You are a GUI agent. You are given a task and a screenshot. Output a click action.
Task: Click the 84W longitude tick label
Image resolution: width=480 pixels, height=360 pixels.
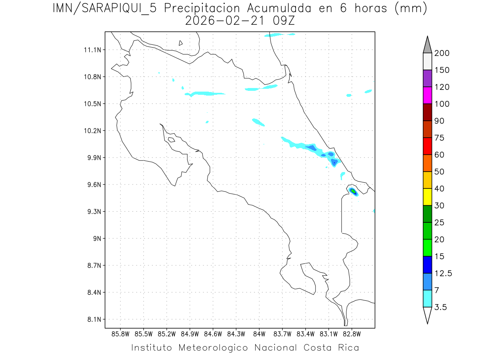point(259,334)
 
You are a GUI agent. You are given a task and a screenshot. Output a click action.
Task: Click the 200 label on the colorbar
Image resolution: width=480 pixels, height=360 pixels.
point(442,54)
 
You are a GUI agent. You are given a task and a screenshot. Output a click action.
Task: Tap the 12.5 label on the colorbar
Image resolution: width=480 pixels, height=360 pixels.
point(443,274)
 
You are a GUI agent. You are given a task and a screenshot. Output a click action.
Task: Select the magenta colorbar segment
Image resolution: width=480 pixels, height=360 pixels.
point(427,95)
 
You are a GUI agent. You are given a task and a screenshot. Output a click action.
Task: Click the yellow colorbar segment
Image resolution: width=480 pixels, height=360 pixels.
point(427,197)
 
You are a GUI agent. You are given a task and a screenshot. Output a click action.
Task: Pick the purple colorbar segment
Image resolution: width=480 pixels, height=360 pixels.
point(427,78)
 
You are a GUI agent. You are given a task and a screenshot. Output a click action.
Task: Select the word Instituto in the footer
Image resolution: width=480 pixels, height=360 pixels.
point(152,348)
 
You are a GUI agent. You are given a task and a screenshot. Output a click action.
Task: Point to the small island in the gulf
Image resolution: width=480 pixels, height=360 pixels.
point(171,140)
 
